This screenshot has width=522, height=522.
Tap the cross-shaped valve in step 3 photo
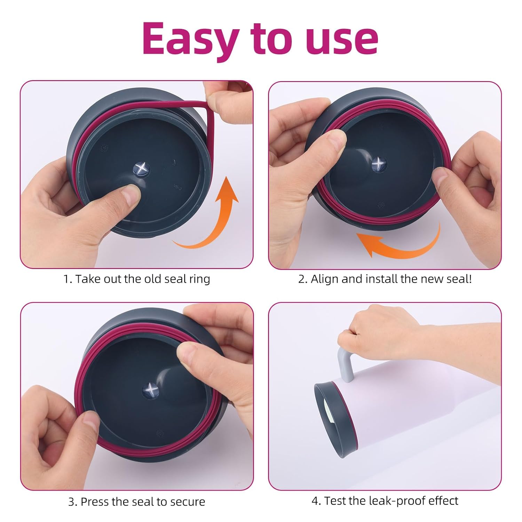pyautogui.click(x=151, y=390)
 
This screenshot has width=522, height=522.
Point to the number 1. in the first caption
pyautogui.click(x=68, y=279)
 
